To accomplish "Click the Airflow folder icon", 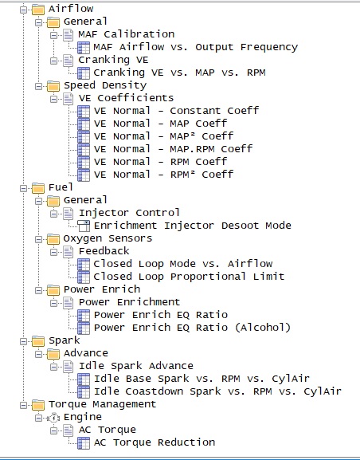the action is click(x=38, y=10).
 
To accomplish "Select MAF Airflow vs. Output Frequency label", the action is click(x=196, y=47).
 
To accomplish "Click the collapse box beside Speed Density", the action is click(x=38, y=86).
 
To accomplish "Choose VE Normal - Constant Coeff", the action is click(x=177, y=111).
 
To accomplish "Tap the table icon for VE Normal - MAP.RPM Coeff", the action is click(x=84, y=149).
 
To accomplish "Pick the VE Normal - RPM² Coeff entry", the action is click(x=163, y=175).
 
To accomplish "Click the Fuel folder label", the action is click(x=61, y=187).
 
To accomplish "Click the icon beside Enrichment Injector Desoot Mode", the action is click(x=84, y=226).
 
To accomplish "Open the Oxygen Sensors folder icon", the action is click(x=53, y=239).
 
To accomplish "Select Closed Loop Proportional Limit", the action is click(x=189, y=277).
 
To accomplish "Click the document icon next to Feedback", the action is click(x=68, y=251).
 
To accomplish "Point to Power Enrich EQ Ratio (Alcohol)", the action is click(x=192, y=328).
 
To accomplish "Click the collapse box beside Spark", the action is click(x=23, y=341).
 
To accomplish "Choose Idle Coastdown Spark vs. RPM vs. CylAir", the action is click(x=217, y=391).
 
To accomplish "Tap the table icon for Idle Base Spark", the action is click(x=84, y=379).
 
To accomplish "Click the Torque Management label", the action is click(x=102, y=404).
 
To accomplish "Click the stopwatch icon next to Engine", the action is click(x=53, y=418).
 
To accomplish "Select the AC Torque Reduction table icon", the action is click(x=84, y=443).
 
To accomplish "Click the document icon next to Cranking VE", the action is click(x=68, y=61).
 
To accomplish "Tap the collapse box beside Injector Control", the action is click(x=53, y=214).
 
